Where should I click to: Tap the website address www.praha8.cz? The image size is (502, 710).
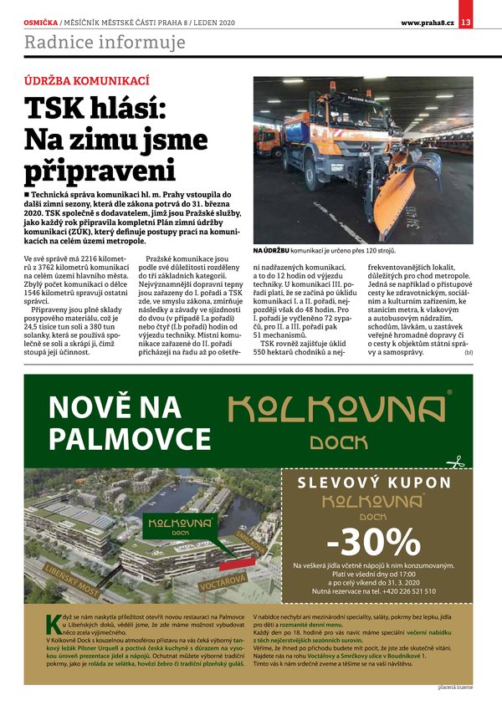pos(427,22)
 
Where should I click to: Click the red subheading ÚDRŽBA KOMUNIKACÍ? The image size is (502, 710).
pos(86,80)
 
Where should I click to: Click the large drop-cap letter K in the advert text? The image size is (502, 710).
pos(53,623)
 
